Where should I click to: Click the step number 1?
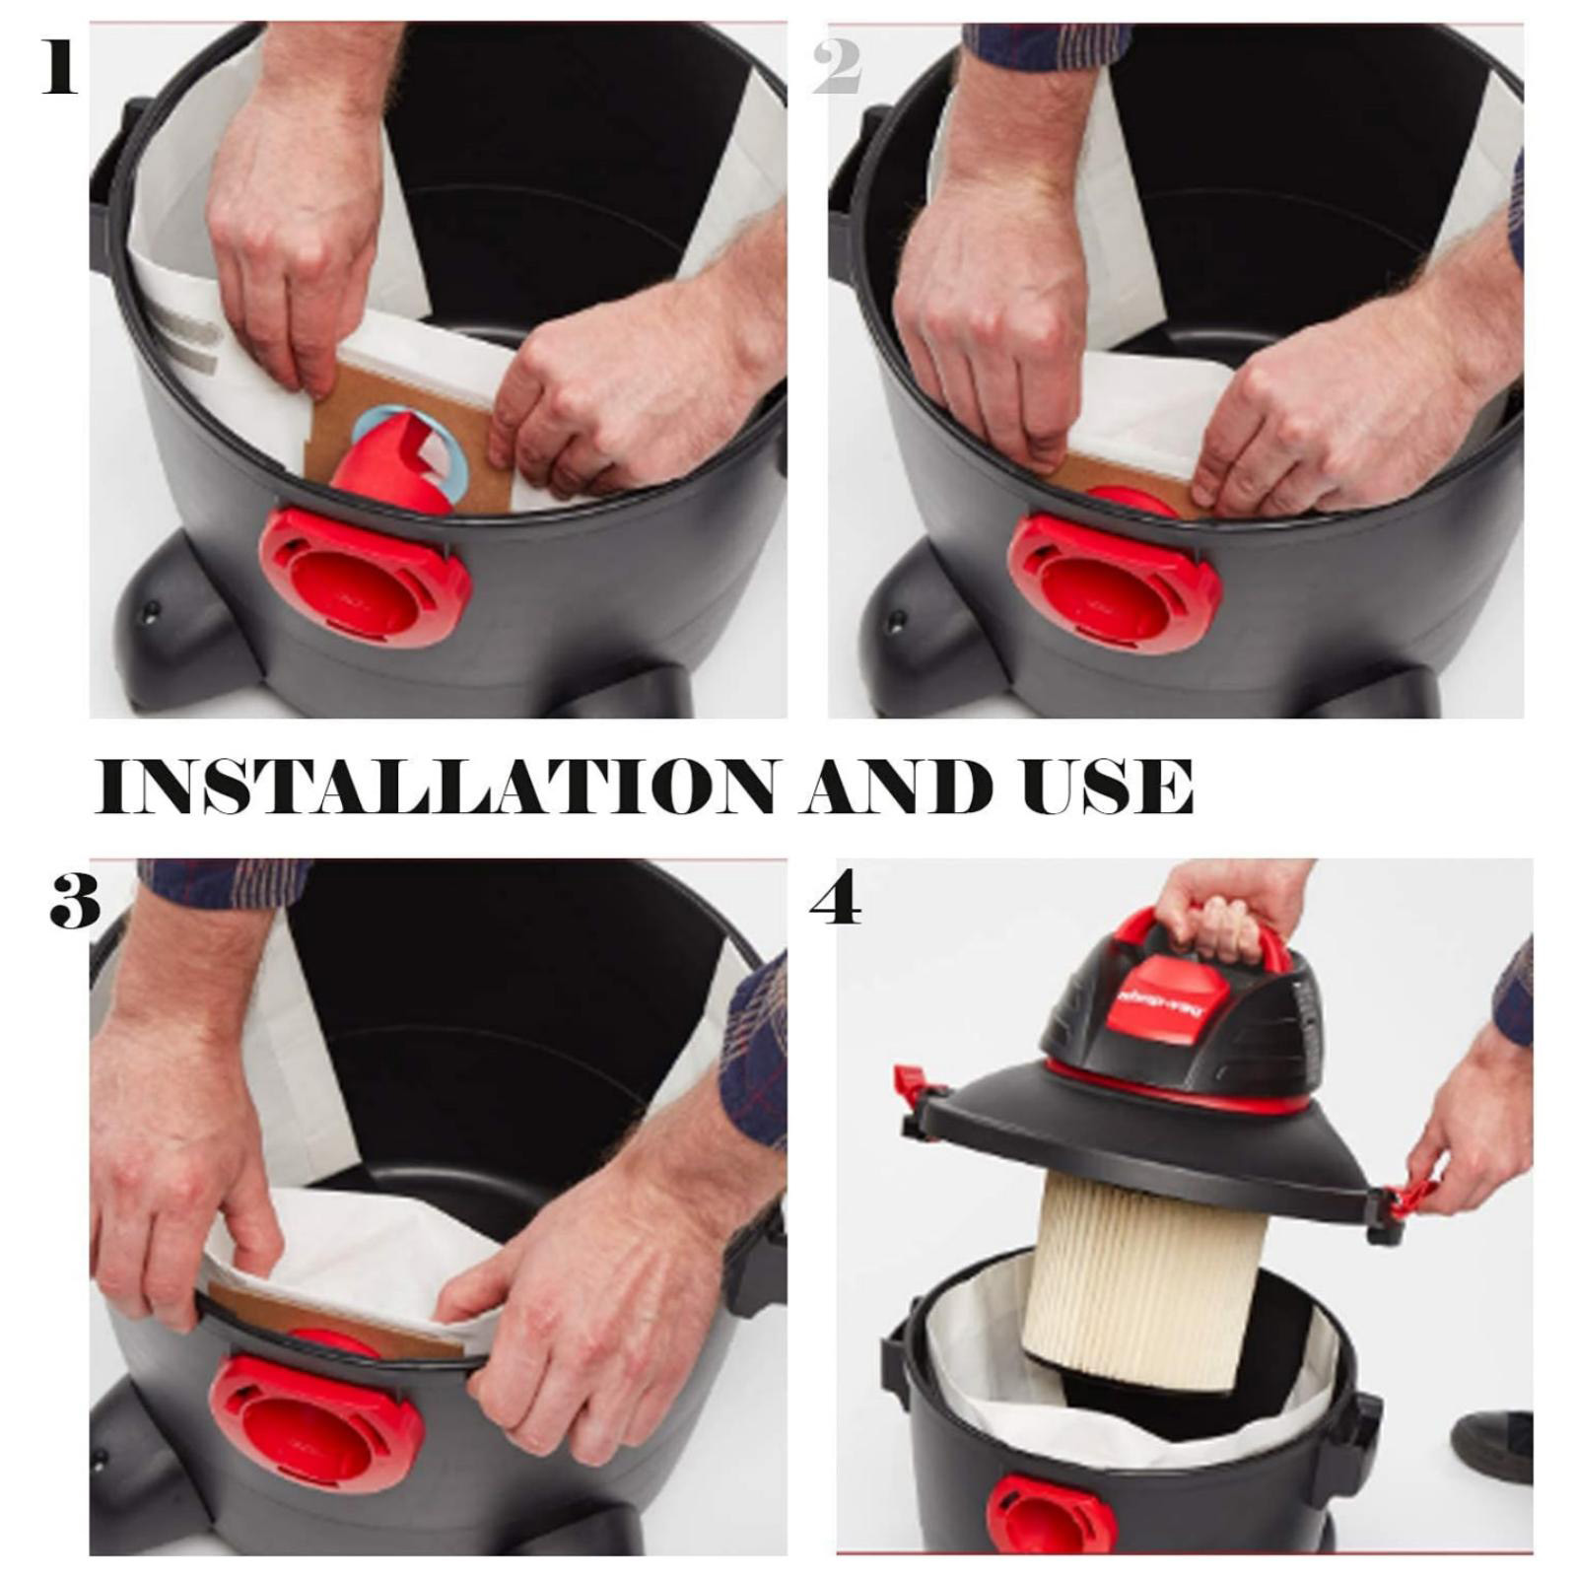(59, 66)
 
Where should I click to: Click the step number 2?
(837, 67)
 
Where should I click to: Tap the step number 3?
(75, 900)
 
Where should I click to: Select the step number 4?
(836, 899)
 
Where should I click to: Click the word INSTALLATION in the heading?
(434, 787)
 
